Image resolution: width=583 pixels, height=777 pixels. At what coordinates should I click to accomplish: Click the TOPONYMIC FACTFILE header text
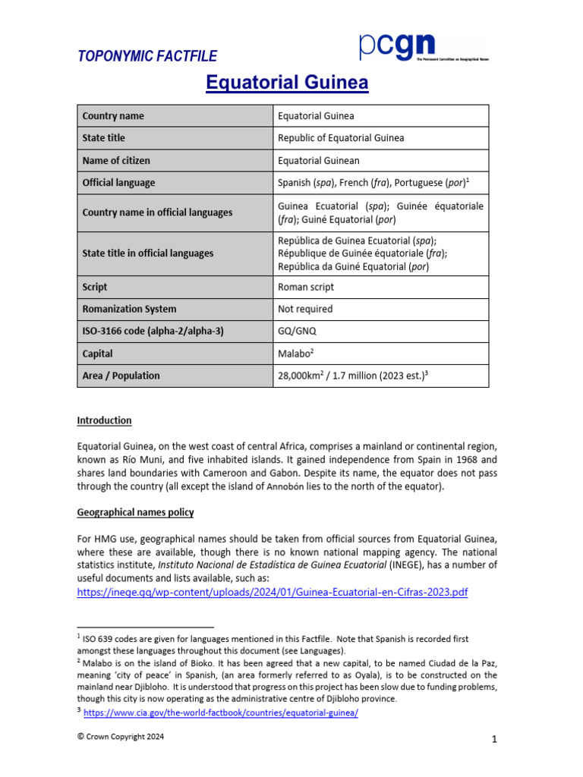click(147, 56)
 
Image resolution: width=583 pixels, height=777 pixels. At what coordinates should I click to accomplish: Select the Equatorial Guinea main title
click(287, 83)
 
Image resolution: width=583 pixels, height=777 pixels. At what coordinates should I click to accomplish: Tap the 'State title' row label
click(104, 138)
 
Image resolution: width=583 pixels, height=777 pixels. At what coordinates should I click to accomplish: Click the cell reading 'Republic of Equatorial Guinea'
click(341, 138)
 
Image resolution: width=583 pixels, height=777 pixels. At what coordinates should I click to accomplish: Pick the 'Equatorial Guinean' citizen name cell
click(319, 160)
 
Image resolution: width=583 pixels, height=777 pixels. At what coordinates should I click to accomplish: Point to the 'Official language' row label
click(118, 183)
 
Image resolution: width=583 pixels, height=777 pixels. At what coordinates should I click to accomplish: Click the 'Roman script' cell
click(306, 287)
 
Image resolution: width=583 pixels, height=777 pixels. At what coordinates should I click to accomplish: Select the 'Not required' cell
click(305, 309)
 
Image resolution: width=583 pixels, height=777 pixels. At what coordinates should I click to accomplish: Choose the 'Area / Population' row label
click(121, 376)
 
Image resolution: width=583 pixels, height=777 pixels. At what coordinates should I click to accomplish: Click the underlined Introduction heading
click(104, 420)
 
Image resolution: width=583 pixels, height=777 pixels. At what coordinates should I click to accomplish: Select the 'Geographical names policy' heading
click(135, 513)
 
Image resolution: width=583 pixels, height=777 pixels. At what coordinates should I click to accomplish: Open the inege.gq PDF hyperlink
click(273, 592)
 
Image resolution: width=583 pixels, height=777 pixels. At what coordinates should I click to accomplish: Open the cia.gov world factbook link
click(220, 713)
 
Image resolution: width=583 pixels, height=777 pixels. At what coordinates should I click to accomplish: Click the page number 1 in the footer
click(493, 740)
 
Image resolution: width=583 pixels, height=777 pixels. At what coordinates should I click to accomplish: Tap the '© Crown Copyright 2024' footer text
click(120, 737)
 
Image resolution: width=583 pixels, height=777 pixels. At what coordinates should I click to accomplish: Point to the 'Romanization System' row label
click(129, 309)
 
